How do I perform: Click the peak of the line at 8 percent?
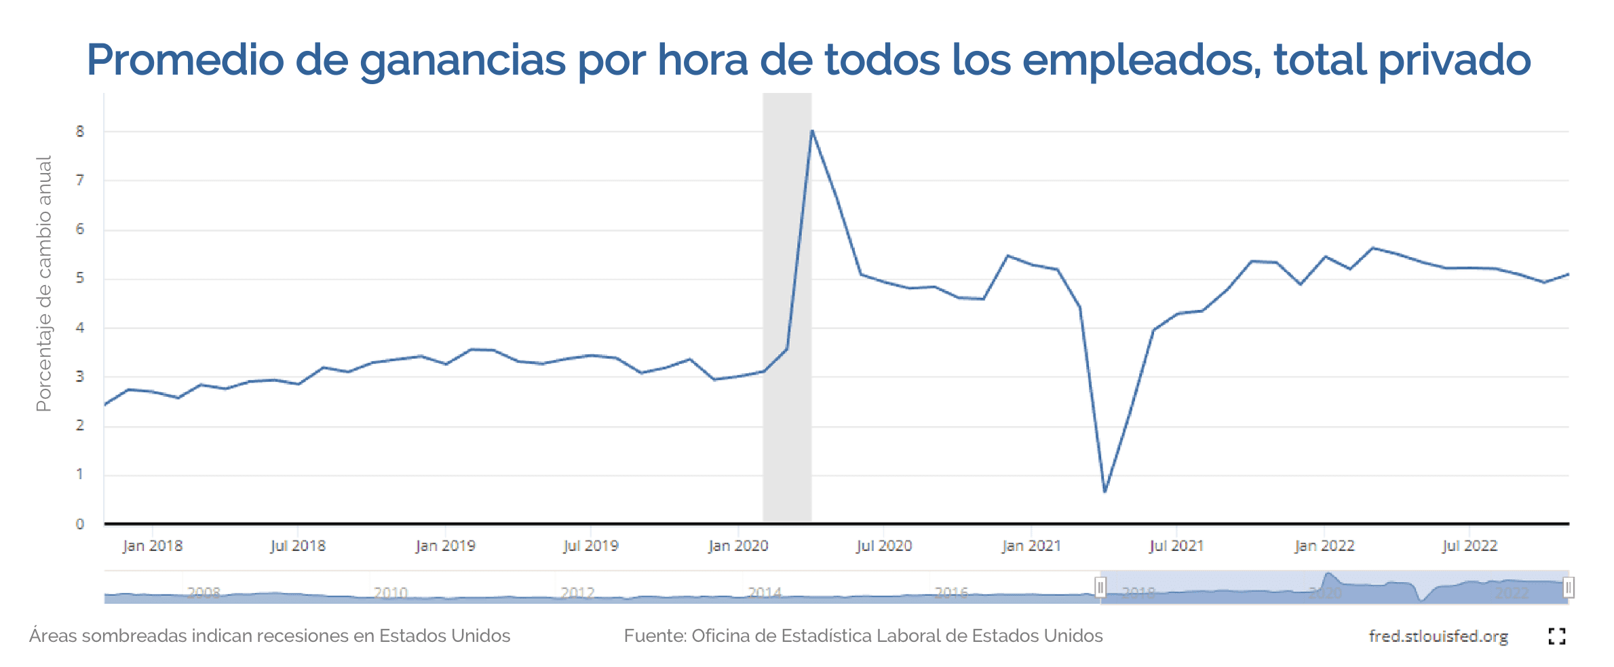pyautogui.click(x=811, y=131)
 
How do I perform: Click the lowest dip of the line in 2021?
pyautogui.click(x=1104, y=491)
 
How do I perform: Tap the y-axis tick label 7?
pyautogui.click(x=80, y=180)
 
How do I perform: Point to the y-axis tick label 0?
pyautogui.click(x=80, y=524)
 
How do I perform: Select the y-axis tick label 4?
pyautogui.click(x=80, y=328)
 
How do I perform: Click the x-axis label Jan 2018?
pyautogui.click(x=153, y=546)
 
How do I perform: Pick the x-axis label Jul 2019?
pyautogui.click(x=591, y=546)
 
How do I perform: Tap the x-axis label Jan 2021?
pyautogui.click(x=1031, y=546)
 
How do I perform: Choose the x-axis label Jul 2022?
pyautogui.click(x=1469, y=546)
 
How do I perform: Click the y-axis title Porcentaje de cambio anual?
pyautogui.click(x=44, y=284)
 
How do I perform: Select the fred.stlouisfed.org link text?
pyautogui.click(x=1438, y=636)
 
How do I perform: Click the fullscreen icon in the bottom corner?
pyautogui.click(x=1557, y=636)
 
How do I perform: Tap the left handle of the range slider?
pyautogui.click(x=1100, y=587)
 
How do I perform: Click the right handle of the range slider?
pyautogui.click(x=1568, y=587)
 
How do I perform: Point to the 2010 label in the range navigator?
pyautogui.click(x=391, y=593)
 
